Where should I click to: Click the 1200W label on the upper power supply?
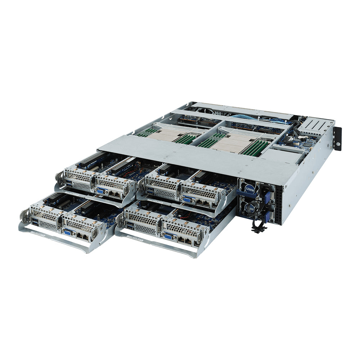point(249,189)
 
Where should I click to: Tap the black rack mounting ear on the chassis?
point(337,139)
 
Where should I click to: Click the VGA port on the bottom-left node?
point(68,232)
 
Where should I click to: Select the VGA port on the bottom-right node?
point(168,236)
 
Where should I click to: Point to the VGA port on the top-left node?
point(100,191)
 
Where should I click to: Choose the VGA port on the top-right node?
point(187,199)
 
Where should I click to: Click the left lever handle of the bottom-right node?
point(120,220)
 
